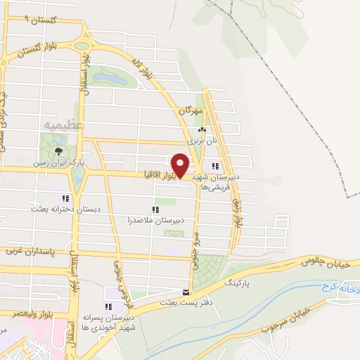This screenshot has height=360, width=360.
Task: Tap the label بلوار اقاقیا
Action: (x=160, y=174)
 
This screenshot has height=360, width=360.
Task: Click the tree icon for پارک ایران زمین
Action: (x=60, y=150)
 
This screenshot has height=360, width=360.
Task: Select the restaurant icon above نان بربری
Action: (x=202, y=129)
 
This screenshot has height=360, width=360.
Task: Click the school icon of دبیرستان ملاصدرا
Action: (x=155, y=209)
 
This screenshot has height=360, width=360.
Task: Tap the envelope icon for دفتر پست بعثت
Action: (x=186, y=292)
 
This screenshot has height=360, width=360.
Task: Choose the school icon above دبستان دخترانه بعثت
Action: (x=65, y=198)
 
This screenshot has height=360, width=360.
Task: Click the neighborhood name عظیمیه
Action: (x=72, y=124)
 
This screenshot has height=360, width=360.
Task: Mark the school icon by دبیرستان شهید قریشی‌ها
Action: (x=215, y=167)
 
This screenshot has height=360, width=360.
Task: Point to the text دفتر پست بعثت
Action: (x=184, y=303)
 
